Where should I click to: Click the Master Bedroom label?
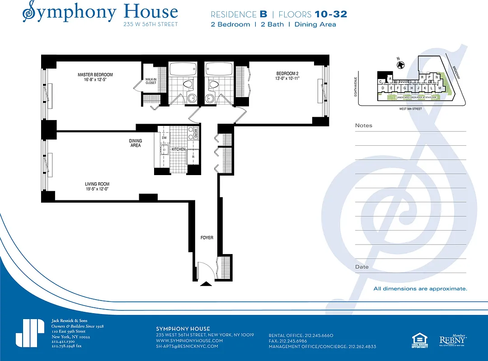pos(95,77)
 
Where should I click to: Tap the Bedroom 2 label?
pos(288,76)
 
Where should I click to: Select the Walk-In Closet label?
pos(150,81)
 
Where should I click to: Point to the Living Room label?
pos(97,186)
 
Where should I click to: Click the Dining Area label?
pos(135,143)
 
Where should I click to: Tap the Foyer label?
pos(207,237)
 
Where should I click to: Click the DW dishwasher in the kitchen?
pos(164,138)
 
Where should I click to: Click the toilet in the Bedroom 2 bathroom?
pos(215,84)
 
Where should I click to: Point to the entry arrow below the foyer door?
pos(206,284)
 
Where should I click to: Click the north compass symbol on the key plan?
pos(400,65)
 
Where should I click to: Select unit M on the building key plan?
pos(439,88)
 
